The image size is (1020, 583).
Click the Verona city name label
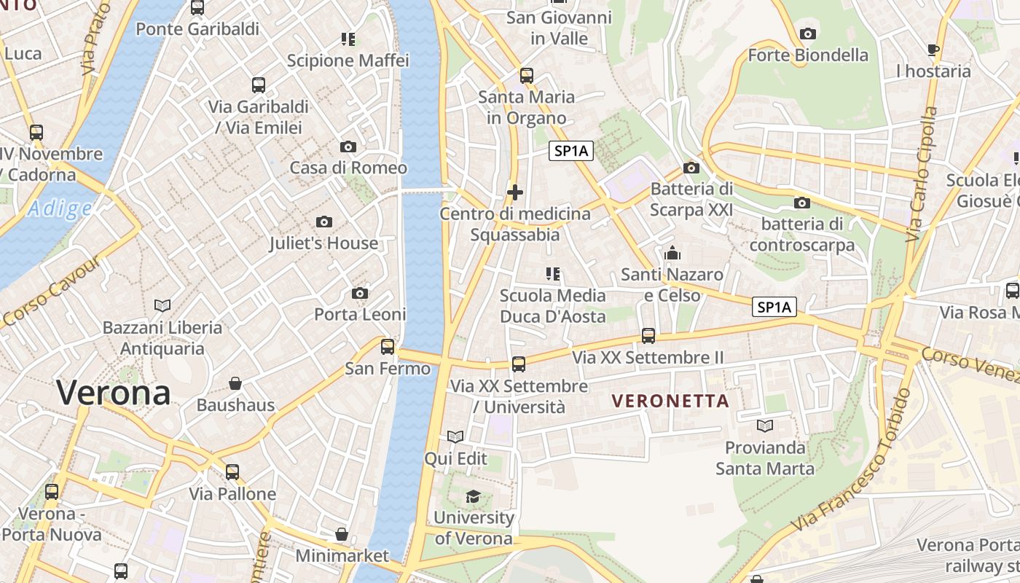(x=114, y=394)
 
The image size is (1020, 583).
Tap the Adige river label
(x=60, y=209)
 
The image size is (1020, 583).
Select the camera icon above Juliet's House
(x=324, y=222)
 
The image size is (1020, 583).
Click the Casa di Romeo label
(x=348, y=168)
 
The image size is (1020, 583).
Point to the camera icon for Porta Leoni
(x=360, y=293)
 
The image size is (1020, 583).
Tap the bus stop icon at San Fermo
(x=388, y=346)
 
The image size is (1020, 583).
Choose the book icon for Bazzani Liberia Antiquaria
(x=162, y=305)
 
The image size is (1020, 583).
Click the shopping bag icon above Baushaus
(x=235, y=383)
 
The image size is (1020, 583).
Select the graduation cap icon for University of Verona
(x=473, y=496)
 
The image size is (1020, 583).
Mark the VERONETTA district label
(x=670, y=401)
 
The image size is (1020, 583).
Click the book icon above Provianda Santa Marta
(x=764, y=426)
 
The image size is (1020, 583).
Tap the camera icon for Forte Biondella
(x=807, y=34)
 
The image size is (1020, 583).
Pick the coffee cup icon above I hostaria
(x=933, y=50)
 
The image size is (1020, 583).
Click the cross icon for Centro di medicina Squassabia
(x=515, y=192)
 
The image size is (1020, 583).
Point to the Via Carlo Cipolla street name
(x=922, y=175)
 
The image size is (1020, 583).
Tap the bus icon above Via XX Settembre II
(x=648, y=336)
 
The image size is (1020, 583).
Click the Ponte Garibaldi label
(x=197, y=29)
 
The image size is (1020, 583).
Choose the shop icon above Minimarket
(x=342, y=534)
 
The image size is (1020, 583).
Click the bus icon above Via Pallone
(x=232, y=472)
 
